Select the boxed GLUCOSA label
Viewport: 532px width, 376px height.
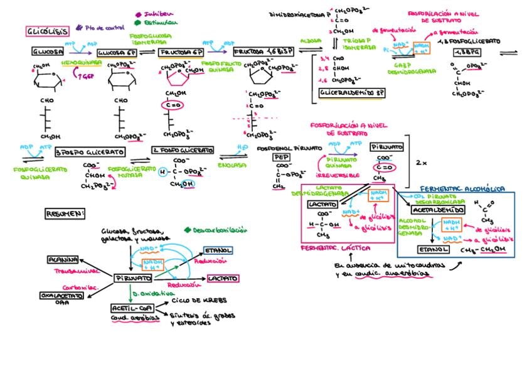click(x=47, y=53)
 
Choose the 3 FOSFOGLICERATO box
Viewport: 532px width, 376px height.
click(x=90, y=152)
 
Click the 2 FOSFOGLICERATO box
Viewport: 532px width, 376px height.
click(x=180, y=151)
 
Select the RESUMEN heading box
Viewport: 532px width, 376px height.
click(x=65, y=214)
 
